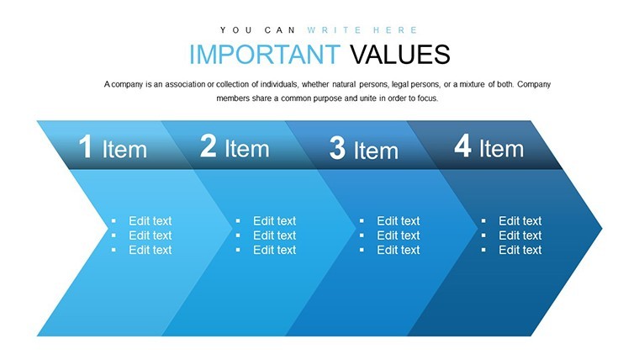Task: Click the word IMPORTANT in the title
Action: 265,55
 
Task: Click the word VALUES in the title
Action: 400,55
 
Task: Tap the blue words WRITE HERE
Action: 362,30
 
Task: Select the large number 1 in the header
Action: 86,146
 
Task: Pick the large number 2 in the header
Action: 208,146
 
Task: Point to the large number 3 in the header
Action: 337,148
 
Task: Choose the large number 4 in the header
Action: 463,146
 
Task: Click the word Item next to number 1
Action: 124,149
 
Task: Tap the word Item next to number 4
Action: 502,148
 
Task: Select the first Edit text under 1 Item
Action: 151,221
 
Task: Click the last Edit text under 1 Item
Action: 151,250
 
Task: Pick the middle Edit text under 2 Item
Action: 275,236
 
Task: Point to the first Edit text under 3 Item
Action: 399,221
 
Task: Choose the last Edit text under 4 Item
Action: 520,250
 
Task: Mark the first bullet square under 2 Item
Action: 238,221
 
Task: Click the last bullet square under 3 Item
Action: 362,250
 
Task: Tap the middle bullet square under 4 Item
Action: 483,236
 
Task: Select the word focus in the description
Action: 428,98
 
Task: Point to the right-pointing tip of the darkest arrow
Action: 601,228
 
